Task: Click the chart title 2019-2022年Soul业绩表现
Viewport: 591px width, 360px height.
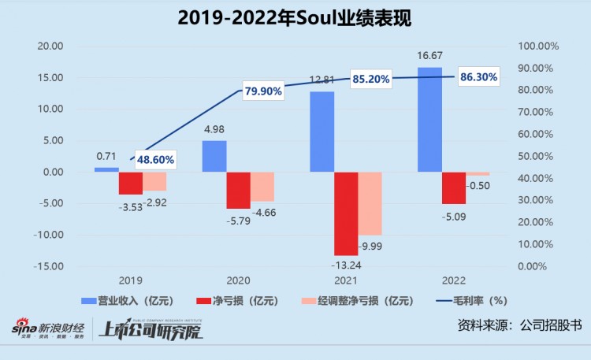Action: (295, 16)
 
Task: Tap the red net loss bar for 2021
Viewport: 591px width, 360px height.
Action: (346, 213)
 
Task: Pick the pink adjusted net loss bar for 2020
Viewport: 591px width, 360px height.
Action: (262, 187)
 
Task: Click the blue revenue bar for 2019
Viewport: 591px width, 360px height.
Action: (106, 169)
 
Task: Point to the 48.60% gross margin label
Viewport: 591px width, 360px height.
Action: (155, 160)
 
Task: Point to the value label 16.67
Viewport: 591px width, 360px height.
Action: (429, 58)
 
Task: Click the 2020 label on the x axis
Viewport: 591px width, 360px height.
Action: (238, 280)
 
